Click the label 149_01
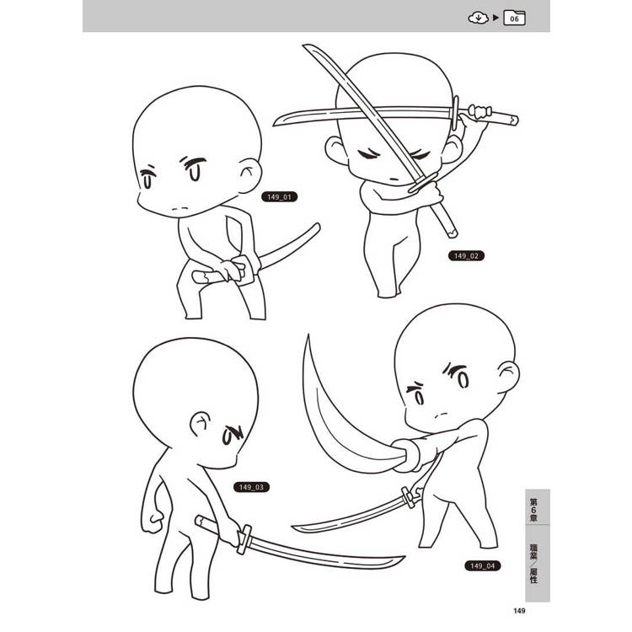(x=279, y=197)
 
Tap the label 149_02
(x=466, y=256)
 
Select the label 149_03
(x=251, y=487)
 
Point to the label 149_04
(x=483, y=566)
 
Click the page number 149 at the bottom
(x=519, y=611)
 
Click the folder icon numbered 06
(x=514, y=18)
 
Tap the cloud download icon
(x=478, y=19)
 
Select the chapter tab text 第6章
(x=533, y=510)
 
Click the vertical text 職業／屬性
(x=533, y=565)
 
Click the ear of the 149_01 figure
(x=249, y=175)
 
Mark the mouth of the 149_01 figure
(x=179, y=208)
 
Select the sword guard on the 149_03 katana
(x=244, y=539)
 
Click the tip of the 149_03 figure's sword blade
(x=404, y=557)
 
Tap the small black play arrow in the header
(x=495, y=18)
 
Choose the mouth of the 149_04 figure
(x=442, y=415)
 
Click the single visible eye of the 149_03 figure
(x=233, y=435)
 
